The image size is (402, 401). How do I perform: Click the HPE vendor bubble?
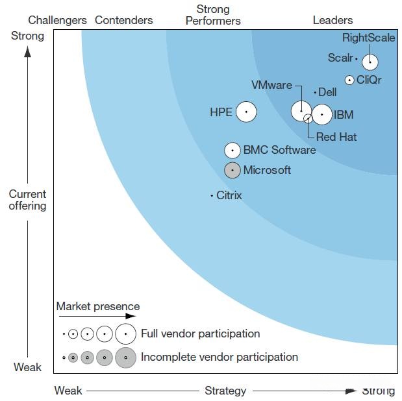[x=245, y=112]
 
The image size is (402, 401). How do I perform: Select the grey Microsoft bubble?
[x=232, y=170]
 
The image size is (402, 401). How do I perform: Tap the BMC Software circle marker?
[x=232, y=151]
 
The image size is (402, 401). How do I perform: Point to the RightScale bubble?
[x=370, y=62]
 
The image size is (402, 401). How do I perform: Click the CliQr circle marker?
[x=349, y=80]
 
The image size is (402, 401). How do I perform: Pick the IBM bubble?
[x=322, y=115]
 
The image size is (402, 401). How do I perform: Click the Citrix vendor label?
[x=229, y=195]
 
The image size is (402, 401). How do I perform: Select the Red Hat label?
[x=336, y=137]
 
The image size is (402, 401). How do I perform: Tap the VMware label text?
[x=271, y=86]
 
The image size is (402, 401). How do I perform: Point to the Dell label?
[x=327, y=93]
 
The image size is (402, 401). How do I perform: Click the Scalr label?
[x=340, y=58]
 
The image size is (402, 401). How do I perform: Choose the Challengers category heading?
[x=57, y=20]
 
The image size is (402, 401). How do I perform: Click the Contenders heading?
[x=123, y=20]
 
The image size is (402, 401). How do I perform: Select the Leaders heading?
[x=333, y=20]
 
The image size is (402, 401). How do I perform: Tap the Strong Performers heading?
[x=213, y=15]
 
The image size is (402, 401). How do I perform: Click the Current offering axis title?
[x=27, y=200]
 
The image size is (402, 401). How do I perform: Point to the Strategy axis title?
[x=225, y=391]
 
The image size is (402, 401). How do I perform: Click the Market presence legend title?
[x=97, y=306]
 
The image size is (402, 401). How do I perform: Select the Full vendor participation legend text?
[x=200, y=334]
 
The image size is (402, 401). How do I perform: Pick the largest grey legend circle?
[x=125, y=358]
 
